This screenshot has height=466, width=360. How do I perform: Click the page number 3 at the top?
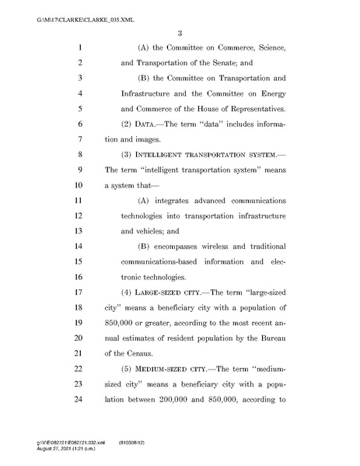[x=179, y=32]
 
